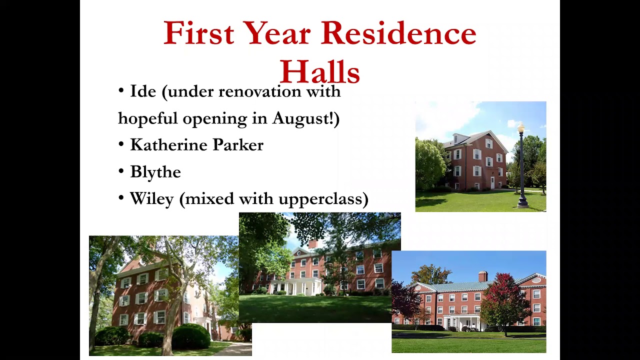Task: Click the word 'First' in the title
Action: [198, 33]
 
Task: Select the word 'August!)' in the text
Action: [306, 118]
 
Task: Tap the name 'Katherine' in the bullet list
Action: [168, 145]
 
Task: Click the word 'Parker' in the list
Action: [238, 145]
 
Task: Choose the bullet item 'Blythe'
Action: [155, 172]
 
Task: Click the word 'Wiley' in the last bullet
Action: [151, 199]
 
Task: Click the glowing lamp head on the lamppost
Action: [521, 128]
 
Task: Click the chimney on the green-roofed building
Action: [482, 276]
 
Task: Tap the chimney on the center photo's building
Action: [313, 244]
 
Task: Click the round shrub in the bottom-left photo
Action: [191, 336]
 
